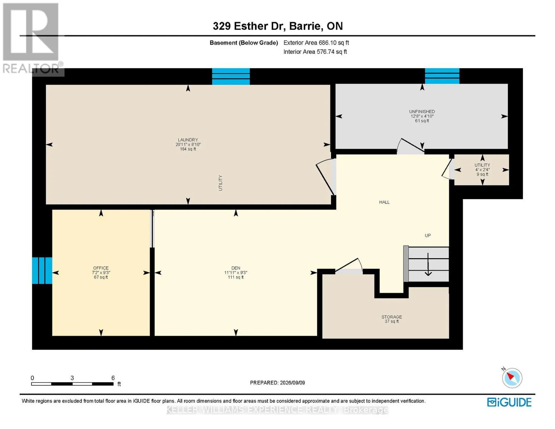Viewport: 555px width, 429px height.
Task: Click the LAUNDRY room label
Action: tap(188, 140)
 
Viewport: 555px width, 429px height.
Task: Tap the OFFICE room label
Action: tap(101, 268)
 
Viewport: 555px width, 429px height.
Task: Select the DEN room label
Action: tap(236, 268)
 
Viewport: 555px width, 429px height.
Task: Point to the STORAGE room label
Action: tap(392, 317)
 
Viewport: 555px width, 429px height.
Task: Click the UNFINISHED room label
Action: tap(422, 112)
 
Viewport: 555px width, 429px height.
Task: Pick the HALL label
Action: tap(384, 202)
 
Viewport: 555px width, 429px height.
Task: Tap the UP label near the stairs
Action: tap(427, 235)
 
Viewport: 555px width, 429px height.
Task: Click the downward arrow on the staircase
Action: tap(428, 264)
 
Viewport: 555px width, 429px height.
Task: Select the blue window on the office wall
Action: tap(42, 270)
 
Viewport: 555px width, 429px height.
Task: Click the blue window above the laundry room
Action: tap(231, 77)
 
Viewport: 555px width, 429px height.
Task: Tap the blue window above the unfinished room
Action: tap(442, 76)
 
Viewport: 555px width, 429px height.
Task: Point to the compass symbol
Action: tap(512, 378)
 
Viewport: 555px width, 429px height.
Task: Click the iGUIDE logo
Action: tap(509, 402)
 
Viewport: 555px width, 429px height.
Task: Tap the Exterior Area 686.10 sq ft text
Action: tap(316, 43)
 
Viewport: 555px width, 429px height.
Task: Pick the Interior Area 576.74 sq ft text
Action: tap(315, 51)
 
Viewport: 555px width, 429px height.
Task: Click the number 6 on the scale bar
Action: tap(113, 378)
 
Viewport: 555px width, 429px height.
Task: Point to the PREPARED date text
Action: tap(277, 383)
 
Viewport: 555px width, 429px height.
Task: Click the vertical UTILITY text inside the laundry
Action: tap(220, 183)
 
